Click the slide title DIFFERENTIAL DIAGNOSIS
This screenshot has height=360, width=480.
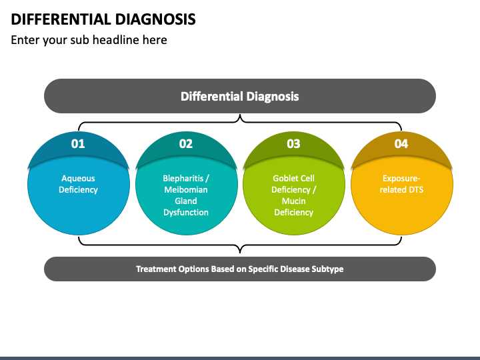pyautogui.click(x=103, y=19)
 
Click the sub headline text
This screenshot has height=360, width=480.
pyautogui.click(x=89, y=40)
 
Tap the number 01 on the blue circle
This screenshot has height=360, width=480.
pyautogui.click(x=78, y=143)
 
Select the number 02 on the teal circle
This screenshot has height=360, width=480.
pyautogui.click(x=186, y=143)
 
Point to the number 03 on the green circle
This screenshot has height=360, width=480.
pyautogui.click(x=293, y=143)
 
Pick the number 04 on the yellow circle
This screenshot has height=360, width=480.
pyautogui.click(x=401, y=143)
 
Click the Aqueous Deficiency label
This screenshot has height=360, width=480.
pyautogui.click(x=79, y=184)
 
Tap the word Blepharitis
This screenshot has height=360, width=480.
pyautogui.click(x=183, y=179)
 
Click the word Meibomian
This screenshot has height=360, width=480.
pyautogui.click(x=186, y=190)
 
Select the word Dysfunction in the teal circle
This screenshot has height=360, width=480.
pyautogui.click(x=186, y=213)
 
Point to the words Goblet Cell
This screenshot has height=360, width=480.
pyautogui.click(x=293, y=178)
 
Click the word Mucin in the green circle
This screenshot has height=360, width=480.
pyautogui.click(x=293, y=201)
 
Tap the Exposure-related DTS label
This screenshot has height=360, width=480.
pyautogui.click(x=401, y=184)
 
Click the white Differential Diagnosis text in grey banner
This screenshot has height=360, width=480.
pyautogui.click(x=240, y=97)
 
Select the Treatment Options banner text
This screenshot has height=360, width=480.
pyautogui.click(x=240, y=269)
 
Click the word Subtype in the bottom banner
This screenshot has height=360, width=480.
pyautogui.click(x=327, y=269)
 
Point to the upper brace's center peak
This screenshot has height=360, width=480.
pyautogui.click(x=240, y=115)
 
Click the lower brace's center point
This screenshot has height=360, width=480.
pyautogui.click(x=240, y=252)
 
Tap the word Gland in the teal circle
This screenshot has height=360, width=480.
pyautogui.click(x=186, y=201)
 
